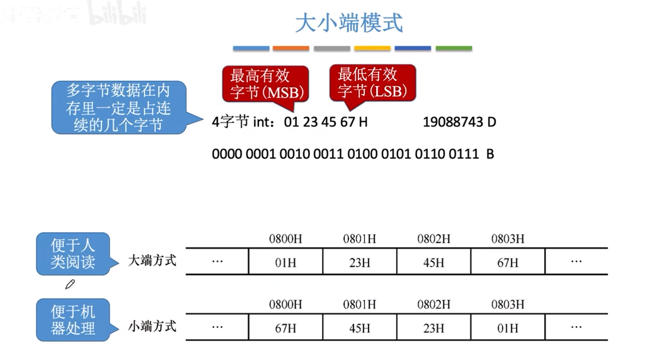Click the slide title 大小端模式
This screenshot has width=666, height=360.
click(349, 23)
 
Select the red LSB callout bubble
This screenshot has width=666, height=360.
click(372, 82)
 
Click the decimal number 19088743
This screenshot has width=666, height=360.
click(453, 122)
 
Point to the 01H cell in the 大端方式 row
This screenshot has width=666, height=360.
click(285, 262)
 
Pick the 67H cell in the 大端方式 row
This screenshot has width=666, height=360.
click(508, 262)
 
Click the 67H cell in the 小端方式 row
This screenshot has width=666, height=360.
click(285, 328)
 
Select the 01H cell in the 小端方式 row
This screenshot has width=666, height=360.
click(508, 328)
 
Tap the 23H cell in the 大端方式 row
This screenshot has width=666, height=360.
click(359, 262)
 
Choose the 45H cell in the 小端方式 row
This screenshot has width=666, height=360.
click(359, 328)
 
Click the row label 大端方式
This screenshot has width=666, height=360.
click(152, 260)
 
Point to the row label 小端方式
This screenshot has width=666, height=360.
click(152, 326)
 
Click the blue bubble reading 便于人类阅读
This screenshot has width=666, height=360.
click(73, 253)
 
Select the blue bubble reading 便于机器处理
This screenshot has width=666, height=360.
click(73, 320)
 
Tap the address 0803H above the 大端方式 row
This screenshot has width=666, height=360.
click(508, 239)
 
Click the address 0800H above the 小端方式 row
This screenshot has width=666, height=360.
click(285, 305)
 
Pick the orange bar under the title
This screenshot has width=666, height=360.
click(291, 48)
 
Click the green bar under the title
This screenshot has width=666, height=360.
click(454, 48)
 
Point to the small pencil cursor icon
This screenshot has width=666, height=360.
click(70, 284)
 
